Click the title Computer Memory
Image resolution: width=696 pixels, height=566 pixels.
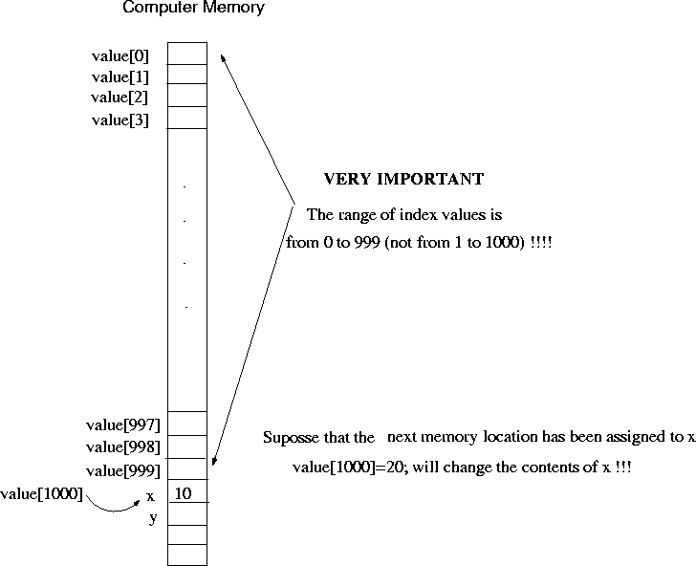(x=194, y=9)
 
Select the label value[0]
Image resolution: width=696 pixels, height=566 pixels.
(x=120, y=55)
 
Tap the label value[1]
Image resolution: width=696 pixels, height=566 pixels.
(x=120, y=76)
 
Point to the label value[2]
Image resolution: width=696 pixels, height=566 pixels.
(x=120, y=98)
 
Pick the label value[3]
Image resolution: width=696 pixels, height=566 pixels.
(x=120, y=120)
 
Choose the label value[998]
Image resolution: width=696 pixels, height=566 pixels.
(x=122, y=447)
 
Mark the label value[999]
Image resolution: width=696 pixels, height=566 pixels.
(x=122, y=471)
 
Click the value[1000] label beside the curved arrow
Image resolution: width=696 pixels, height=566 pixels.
(x=43, y=494)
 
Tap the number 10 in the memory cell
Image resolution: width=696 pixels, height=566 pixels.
(x=185, y=494)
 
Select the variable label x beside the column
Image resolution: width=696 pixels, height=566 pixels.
(x=150, y=497)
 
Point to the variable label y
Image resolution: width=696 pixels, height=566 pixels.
(x=152, y=518)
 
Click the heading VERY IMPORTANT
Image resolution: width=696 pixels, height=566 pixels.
(x=403, y=180)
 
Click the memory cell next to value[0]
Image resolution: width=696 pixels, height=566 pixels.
(x=187, y=53)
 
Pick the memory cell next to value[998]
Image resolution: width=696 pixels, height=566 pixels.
(x=187, y=447)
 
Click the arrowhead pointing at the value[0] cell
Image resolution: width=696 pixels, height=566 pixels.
(x=223, y=57)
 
